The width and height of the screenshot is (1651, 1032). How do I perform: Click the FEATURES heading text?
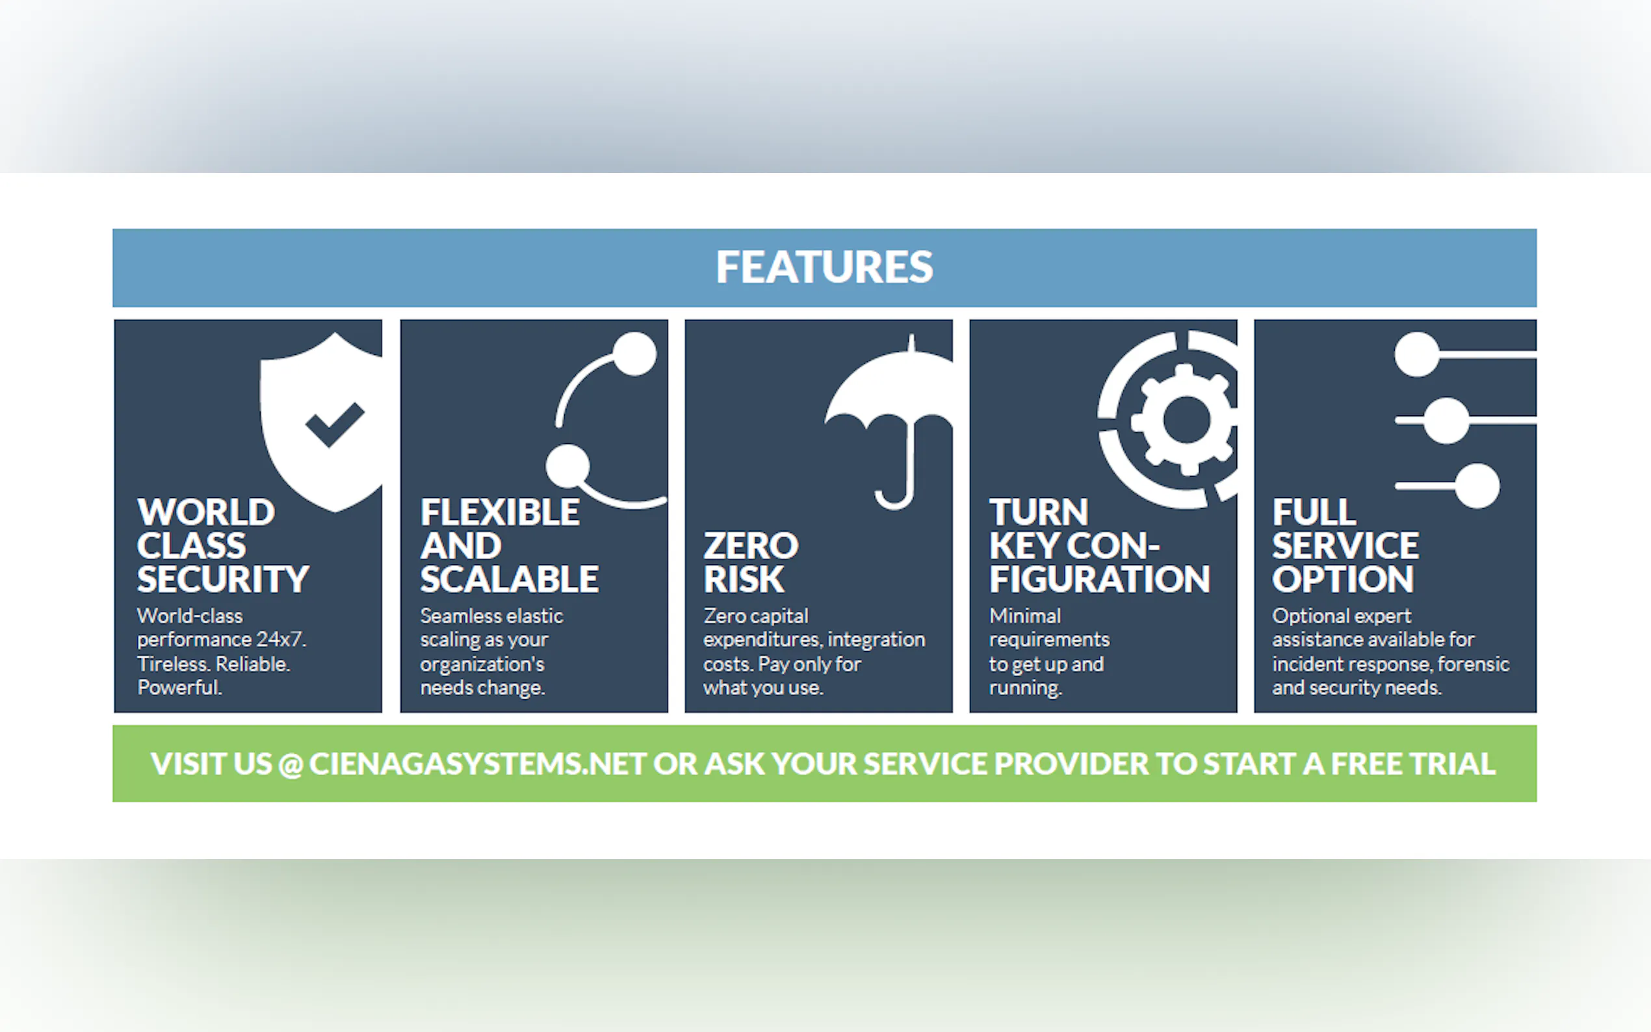pos(824,266)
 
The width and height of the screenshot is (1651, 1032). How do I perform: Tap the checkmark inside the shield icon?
pos(335,424)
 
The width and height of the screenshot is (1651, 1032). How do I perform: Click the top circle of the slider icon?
pos(1417,354)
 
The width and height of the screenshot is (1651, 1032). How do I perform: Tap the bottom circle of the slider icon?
pos(1477,486)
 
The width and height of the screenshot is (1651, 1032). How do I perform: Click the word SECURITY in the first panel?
pos(223,579)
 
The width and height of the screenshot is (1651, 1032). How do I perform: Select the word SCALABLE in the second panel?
pos(509,579)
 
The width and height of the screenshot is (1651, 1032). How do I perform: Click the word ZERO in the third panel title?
pos(751,545)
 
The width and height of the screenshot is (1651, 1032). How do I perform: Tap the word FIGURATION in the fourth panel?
pos(1100,579)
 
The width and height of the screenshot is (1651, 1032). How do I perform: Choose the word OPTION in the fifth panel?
pos(1342,579)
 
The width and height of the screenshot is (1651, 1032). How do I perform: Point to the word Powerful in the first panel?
pos(179,688)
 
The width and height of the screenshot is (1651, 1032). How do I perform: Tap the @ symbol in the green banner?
pos(291,764)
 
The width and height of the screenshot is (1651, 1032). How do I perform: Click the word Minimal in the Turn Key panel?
pos(1025,615)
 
